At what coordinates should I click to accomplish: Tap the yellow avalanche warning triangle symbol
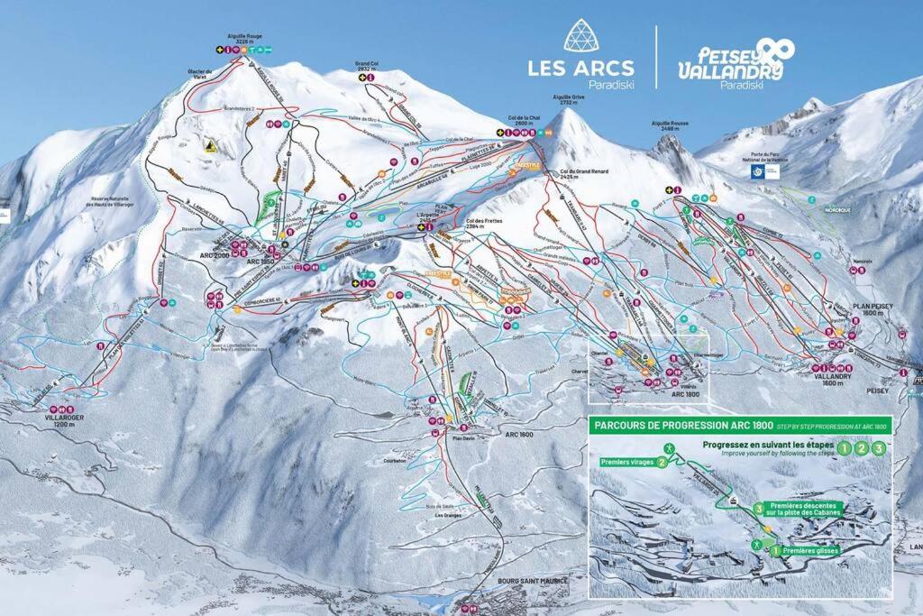point(208,144)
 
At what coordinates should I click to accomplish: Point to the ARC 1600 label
point(519,435)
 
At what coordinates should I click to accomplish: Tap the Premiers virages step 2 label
point(632,462)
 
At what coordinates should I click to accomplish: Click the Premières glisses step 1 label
point(808,550)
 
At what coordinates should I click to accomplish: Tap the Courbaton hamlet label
point(420,459)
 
